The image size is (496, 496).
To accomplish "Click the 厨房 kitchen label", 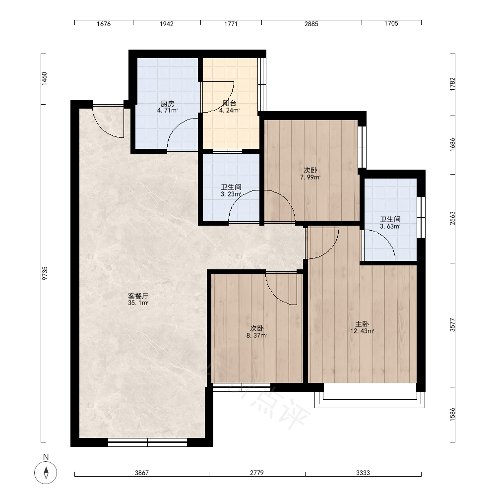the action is [x=167, y=104].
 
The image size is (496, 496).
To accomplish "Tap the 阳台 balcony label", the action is [x=229, y=103].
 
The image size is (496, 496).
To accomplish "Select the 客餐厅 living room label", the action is [x=138, y=296].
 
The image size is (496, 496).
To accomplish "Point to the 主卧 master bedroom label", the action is [x=362, y=324].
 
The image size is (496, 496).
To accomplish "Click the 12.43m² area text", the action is [x=362, y=331].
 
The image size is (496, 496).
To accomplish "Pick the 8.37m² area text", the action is [x=256, y=336].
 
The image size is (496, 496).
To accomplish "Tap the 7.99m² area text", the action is [x=310, y=177].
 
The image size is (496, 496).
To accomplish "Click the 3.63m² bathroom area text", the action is [x=390, y=227].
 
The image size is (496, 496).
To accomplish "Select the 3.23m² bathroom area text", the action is [x=231, y=194].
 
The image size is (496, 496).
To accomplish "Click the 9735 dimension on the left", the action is [x=45, y=273].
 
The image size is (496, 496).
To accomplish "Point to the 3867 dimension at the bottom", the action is [x=142, y=473].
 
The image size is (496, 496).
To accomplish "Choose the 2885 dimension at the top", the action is [x=311, y=24].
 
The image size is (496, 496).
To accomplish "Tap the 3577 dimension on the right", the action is [x=453, y=325].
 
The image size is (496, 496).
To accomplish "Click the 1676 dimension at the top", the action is [x=104, y=24].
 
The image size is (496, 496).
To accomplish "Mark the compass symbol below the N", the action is [x=46, y=473].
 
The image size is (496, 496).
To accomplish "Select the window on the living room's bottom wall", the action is [x=147, y=442].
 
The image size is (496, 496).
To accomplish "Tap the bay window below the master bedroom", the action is [x=370, y=400].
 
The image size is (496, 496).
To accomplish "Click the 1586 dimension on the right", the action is [x=453, y=414].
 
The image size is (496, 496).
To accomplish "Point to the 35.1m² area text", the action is [x=138, y=303].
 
